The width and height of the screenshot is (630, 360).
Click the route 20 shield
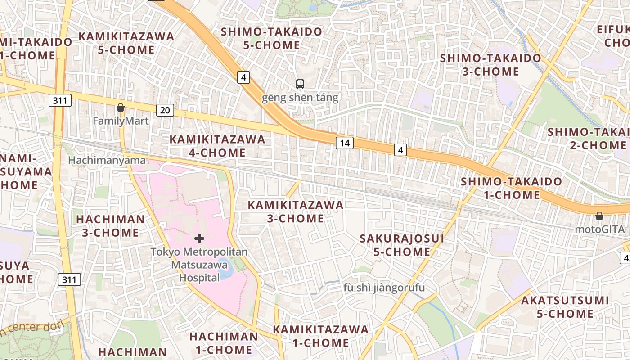165,110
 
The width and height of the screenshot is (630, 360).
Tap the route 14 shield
344,143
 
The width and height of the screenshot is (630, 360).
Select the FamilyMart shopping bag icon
120,108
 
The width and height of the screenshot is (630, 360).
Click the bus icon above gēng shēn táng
300,84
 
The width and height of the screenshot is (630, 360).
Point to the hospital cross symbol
199,238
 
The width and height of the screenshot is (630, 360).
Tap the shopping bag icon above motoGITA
599,216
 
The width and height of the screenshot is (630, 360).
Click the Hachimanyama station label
107,160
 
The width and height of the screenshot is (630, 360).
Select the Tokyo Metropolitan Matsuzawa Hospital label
199,265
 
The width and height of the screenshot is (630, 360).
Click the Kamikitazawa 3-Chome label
295,211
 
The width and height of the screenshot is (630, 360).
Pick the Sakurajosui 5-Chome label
402,245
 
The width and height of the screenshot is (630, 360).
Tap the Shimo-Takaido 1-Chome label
512,188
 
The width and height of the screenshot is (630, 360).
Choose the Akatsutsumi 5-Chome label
565,307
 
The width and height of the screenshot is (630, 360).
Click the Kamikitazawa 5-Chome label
126,43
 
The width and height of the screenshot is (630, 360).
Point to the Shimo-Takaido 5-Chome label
271,38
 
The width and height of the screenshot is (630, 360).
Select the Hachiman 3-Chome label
110,226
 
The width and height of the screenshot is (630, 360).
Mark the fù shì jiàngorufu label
384,288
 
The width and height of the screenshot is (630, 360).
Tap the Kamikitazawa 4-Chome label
217,146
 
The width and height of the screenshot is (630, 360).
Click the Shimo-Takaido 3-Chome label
490,65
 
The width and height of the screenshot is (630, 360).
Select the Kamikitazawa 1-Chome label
320,336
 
